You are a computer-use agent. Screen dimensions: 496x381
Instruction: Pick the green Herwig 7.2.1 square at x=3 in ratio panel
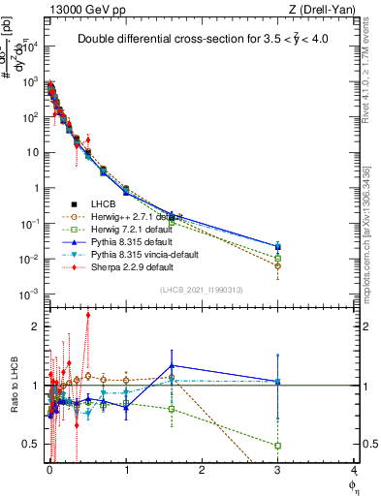[x=277, y=446]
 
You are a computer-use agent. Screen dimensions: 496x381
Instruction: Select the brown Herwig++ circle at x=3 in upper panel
[x=277, y=265]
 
